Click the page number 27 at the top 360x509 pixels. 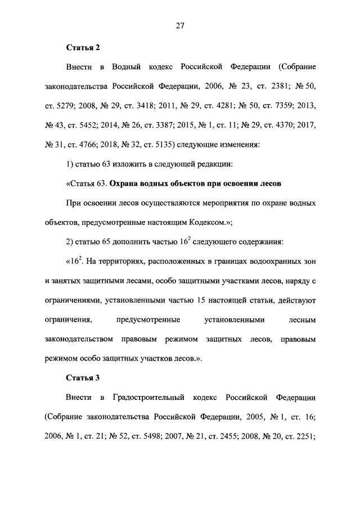tap(180, 25)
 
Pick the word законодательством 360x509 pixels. tap(78, 340)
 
